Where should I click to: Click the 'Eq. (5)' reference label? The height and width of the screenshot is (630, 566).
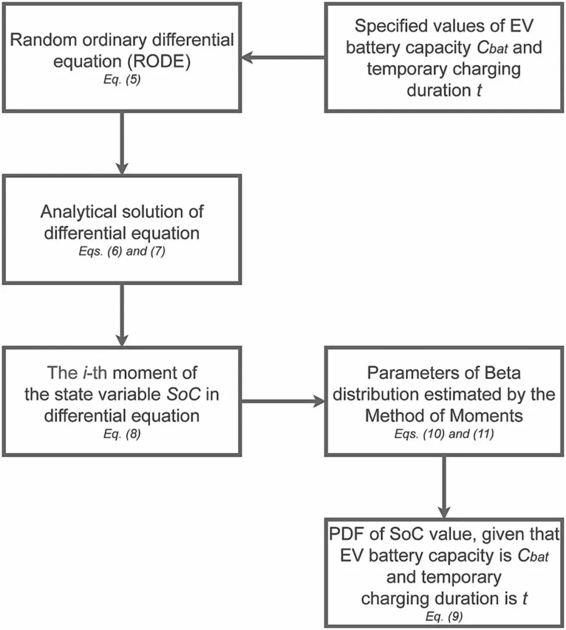pyautogui.click(x=122, y=81)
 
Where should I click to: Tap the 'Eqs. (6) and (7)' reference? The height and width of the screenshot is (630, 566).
pyautogui.click(x=122, y=251)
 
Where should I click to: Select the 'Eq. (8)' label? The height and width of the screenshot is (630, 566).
pyautogui.click(x=122, y=434)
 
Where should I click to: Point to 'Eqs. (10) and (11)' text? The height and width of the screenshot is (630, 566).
pyautogui.click(x=444, y=434)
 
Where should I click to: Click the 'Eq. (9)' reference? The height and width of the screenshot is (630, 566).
pyautogui.click(x=444, y=616)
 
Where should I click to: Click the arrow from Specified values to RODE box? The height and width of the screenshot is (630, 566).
pyautogui.click(x=283, y=57)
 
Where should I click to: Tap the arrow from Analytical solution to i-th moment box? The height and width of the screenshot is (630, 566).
pyautogui.click(x=122, y=314)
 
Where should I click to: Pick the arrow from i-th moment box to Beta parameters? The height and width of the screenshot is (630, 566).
pyautogui.click(x=283, y=402)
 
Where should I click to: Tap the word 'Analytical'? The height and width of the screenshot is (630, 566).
pyautogui.click(x=79, y=212)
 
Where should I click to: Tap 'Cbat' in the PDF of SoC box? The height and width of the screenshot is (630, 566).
pyautogui.click(x=533, y=555)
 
